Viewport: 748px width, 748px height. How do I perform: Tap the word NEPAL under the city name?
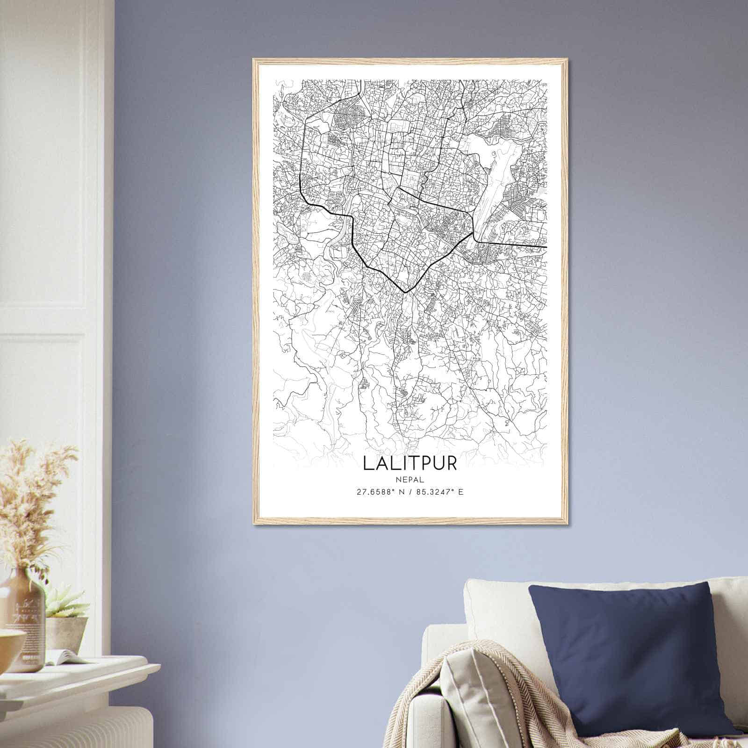tap(410, 479)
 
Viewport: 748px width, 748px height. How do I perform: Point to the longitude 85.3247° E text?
tap(440, 492)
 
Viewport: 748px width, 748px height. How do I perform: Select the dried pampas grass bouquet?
tap(33, 505)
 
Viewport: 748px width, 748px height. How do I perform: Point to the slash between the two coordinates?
tap(410, 492)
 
